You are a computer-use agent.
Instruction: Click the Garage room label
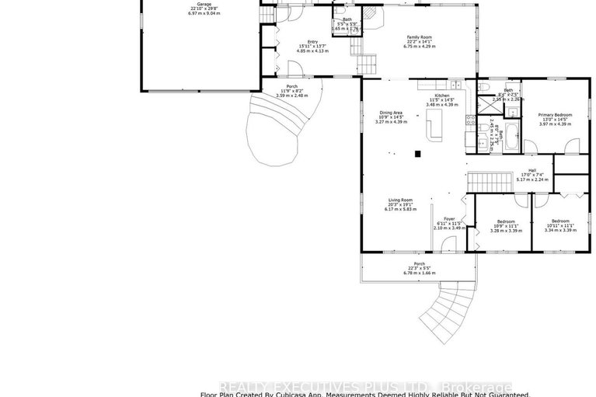[204, 5]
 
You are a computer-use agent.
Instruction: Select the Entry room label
[312, 42]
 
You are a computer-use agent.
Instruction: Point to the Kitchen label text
[442, 95]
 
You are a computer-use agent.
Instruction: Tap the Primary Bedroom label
[555, 115]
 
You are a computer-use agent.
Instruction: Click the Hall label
[532, 170]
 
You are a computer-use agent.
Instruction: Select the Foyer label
[448, 218]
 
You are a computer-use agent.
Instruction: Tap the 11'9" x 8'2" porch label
[291, 86]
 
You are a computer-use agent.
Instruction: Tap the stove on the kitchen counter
[469, 120]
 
